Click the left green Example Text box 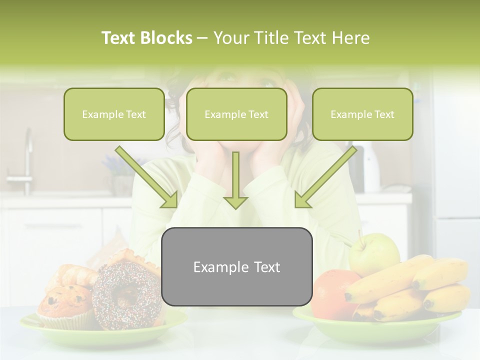click(114, 114)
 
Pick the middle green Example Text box click(236, 114)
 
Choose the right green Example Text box click(362, 114)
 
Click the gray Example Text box click(236, 266)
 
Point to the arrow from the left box click(147, 177)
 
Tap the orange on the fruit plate click(331, 292)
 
